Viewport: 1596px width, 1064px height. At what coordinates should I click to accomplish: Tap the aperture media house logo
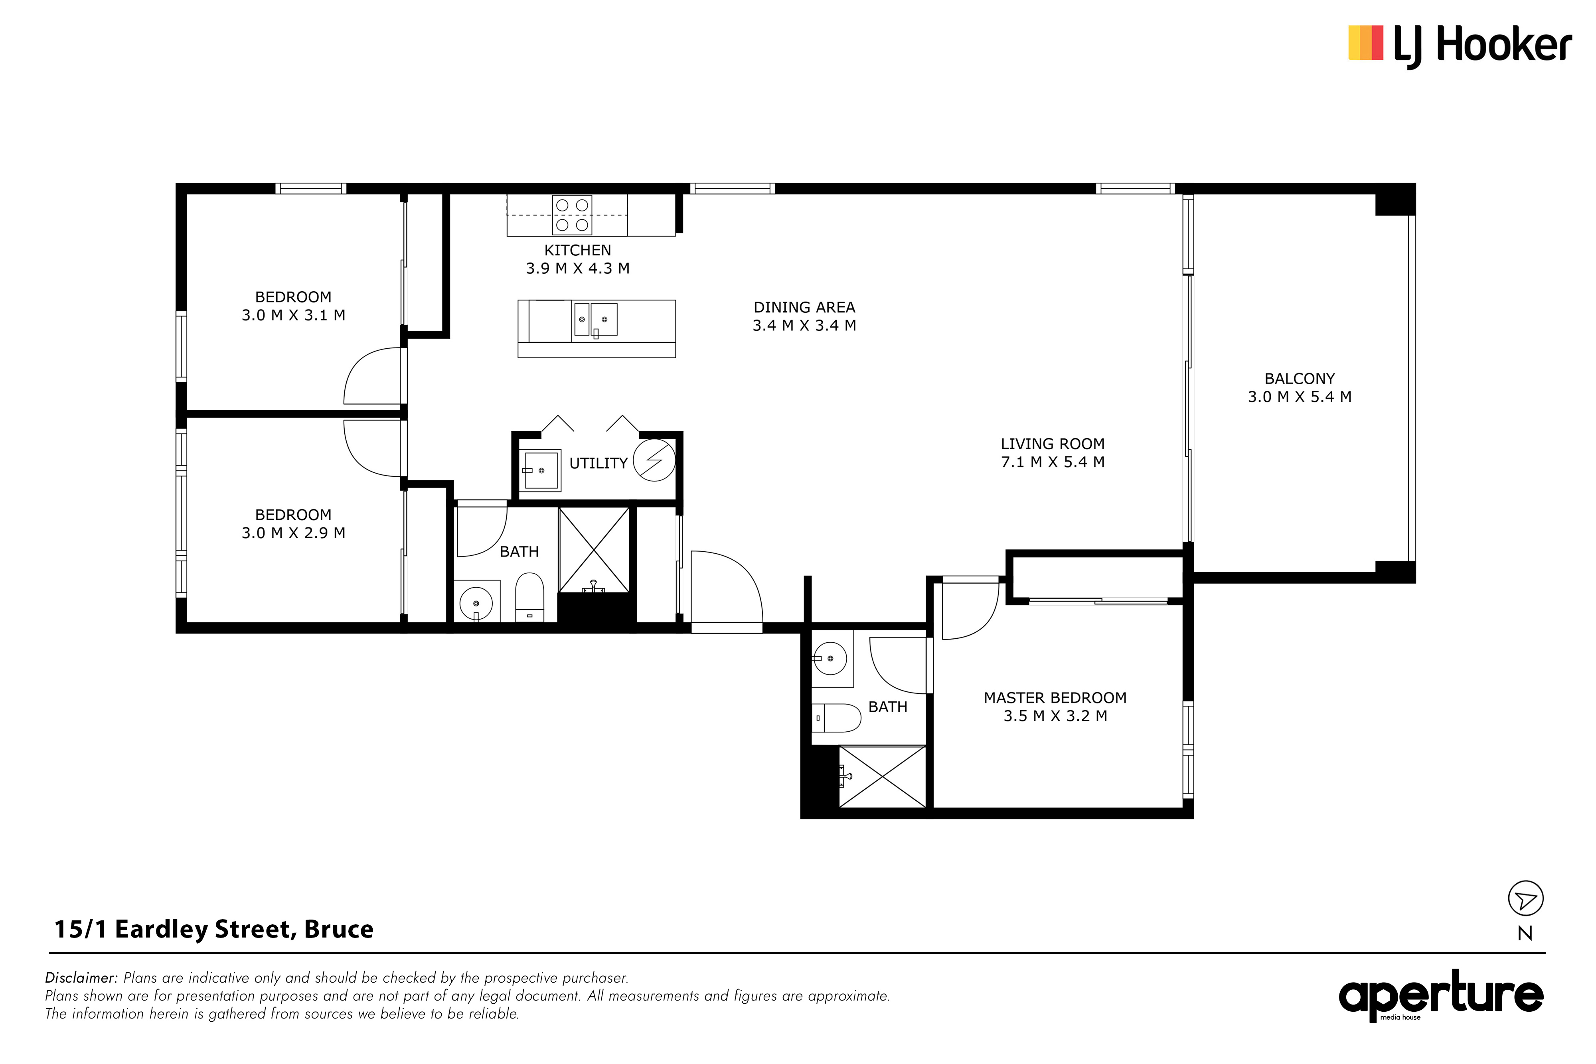1441,995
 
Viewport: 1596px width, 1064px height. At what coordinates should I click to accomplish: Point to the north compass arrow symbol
1525,899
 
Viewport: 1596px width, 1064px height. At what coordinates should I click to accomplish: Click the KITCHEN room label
577,251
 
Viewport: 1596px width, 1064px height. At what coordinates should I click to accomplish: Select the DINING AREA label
804,308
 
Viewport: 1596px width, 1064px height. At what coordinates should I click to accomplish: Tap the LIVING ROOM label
1053,444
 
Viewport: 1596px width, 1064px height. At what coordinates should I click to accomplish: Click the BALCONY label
1300,379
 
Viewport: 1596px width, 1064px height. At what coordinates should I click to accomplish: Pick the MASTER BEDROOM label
1055,698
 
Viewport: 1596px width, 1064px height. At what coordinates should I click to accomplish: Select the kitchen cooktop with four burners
572,214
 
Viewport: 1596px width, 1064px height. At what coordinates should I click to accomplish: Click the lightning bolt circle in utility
654,460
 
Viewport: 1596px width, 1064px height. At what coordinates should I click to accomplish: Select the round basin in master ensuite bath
830,658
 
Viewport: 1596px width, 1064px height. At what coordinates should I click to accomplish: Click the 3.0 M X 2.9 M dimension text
293,533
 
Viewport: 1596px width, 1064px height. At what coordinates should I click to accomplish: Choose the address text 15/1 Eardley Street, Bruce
214,929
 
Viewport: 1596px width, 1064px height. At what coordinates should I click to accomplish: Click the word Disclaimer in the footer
81,978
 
